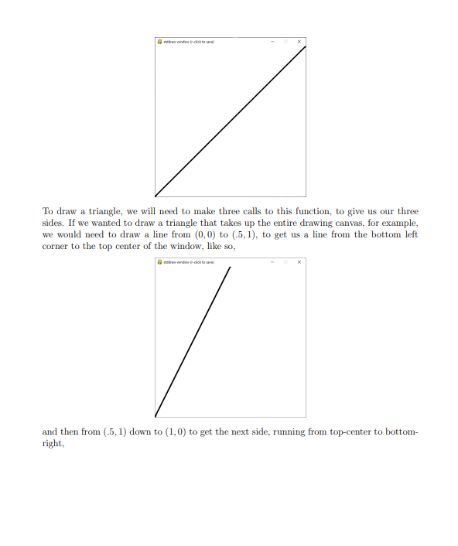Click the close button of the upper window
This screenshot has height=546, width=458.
(x=299, y=41)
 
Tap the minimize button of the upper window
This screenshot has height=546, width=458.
(x=272, y=41)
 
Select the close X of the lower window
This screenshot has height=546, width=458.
(x=299, y=262)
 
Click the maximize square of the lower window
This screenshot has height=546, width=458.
(x=285, y=262)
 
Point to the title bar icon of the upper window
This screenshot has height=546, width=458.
(x=159, y=41)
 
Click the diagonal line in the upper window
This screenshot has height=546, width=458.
(x=231, y=121)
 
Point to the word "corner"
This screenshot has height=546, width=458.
(x=55, y=246)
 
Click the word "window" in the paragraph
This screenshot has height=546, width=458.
(x=182, y=246)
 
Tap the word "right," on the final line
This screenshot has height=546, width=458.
(x=53, y=443)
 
